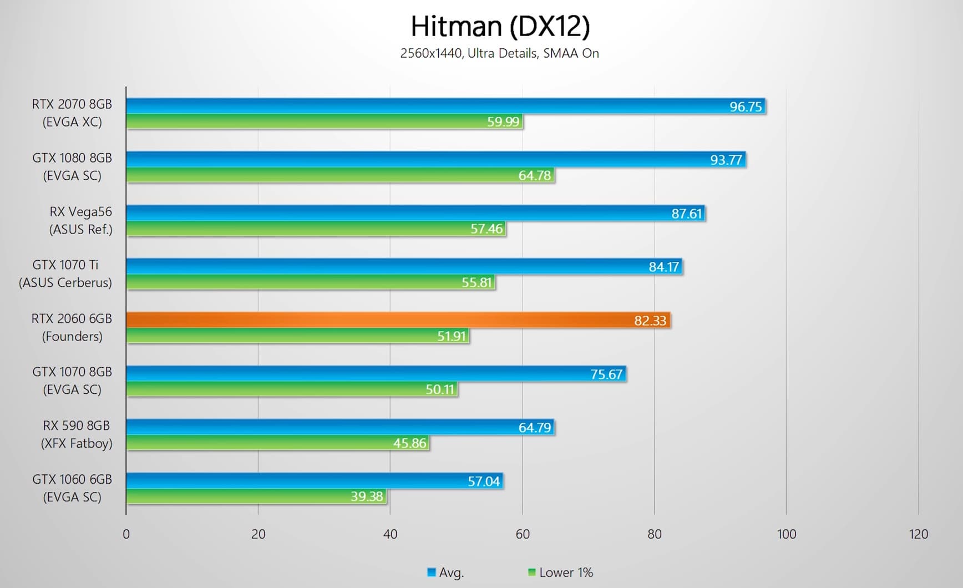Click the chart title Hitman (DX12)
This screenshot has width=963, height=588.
[500, 26]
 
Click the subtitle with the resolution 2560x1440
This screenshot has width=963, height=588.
[499, 53]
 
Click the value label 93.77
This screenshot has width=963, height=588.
[726, 160]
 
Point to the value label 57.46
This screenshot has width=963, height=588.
[486, 229]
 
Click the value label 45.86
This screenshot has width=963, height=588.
[409, 443]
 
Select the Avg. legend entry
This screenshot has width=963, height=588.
[445, 572]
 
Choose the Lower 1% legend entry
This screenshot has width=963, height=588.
[560, 572]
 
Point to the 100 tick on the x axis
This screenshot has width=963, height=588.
[786, 534]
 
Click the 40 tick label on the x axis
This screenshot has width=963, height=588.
[390, 534]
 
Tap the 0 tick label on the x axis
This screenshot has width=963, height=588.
[126, 534]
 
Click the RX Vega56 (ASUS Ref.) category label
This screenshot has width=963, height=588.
[80, 220]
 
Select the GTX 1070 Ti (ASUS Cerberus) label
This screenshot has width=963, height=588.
[65, 273]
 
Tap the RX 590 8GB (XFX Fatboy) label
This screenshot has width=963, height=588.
[77, 434]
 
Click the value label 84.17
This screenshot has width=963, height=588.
[663, 267]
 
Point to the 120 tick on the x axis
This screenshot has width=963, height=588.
[918, 534]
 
